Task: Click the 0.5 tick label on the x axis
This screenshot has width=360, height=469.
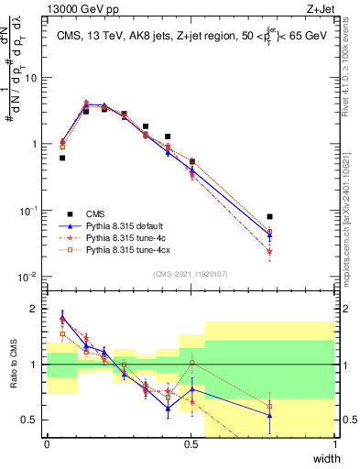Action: (x=191, y=444)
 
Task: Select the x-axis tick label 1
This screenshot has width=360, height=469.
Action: (x=335, y=444)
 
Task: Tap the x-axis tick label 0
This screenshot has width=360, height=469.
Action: (x=47, y=444)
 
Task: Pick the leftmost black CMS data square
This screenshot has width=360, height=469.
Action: (x=62, y=158)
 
